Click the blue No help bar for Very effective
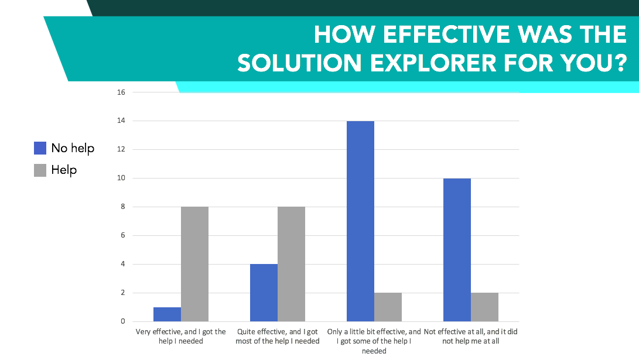(x=167, y=314)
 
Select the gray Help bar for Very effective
(x=195, y=264)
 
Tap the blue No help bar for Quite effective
(x=264, y=293)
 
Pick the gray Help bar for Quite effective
(x=291, y=264)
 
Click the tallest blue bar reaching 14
(x=360, y=221)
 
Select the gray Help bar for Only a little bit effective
(x=388, y=307)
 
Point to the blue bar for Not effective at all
(x=457, y=250)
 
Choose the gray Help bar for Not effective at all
(x=484, y=307)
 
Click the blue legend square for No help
(x=40, y=148)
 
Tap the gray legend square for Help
(x=40, y=170)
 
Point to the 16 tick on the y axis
(x=121, y=92)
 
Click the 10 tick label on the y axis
(x=121, y=178)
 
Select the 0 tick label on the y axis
(x=122, y=321)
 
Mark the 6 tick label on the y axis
(x=122, y=235)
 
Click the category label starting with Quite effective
(x=278, y=337)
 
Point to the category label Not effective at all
(x=471, y=337)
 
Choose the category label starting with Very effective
(x=180, y=337)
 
